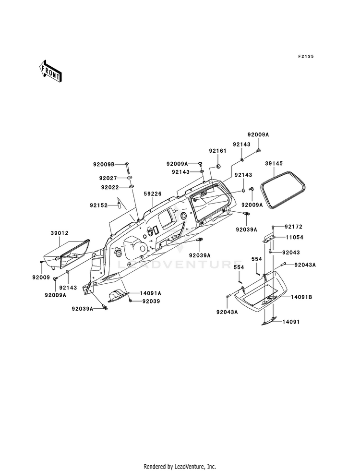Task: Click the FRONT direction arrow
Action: [50, 71]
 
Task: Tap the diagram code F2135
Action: [306, 56]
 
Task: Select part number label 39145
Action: [274, 163]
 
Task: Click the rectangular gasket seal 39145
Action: [283, 190]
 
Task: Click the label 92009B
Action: [104, 164]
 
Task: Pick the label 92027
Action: [108, 178]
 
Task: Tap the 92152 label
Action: [98, 205]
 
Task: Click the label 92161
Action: [218, 151]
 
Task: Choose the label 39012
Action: [60, 233]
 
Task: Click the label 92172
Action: [294, 227]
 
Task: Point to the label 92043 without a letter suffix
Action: [291, 253]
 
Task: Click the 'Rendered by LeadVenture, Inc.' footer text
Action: [180, 467]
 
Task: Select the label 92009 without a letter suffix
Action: [41, 278]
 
